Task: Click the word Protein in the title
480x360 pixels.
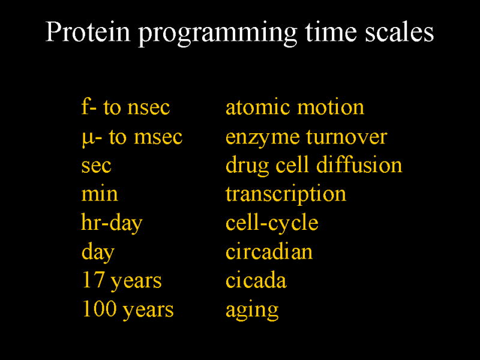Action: tap(88, 32)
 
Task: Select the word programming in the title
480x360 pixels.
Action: tap(218, 34)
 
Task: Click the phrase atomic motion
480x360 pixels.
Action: tap(295, 107)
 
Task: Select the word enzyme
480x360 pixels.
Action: tap(262, 139)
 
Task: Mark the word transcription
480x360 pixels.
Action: tap(286, 194)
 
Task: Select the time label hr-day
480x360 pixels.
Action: tap(112, 223)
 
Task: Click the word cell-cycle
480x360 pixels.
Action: tap(272, 223)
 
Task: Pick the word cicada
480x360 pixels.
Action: tap(256, 280)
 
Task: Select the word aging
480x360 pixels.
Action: tap(252, 310)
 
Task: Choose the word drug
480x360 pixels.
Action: tap(247, 166)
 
